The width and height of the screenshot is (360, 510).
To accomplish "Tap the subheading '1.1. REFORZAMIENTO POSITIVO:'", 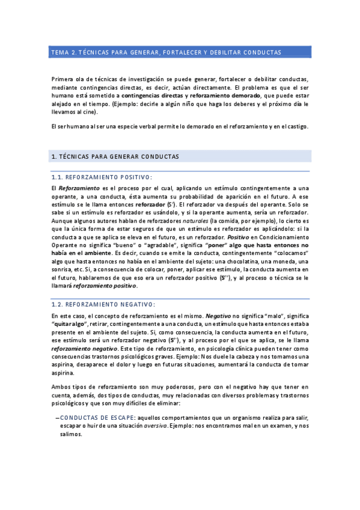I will [x=102, y=177].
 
